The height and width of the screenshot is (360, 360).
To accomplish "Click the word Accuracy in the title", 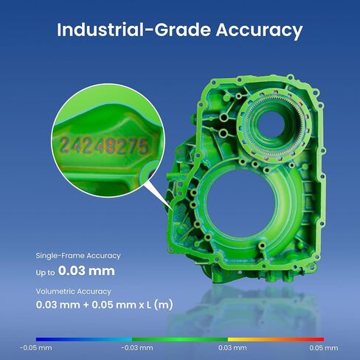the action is pyautogui.click(x=259, y=30).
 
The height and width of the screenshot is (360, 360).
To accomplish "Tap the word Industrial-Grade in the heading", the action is pyautogui.click(x=134, y=30).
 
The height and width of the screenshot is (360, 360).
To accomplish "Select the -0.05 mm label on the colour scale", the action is pyautogui.click(x=36, y=348).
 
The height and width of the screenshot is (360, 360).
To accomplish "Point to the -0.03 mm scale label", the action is pyautogui.click(x=137, y=348).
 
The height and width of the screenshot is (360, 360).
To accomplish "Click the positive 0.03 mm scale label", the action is pyautogui.click(x=232, y=348).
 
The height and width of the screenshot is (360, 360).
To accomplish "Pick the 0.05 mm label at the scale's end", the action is pyautogui.click(x=324, y=348).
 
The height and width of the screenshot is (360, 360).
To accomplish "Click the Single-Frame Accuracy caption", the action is pyautogui.click(x=78, y=256).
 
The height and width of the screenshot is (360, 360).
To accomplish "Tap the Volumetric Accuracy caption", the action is pyautogui.click(x=74, y=291).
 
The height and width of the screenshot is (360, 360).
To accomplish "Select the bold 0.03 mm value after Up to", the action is pyautogui.click(x=86, y=271).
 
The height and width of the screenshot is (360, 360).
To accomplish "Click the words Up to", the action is pyautogui.click(x=45, y=272).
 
